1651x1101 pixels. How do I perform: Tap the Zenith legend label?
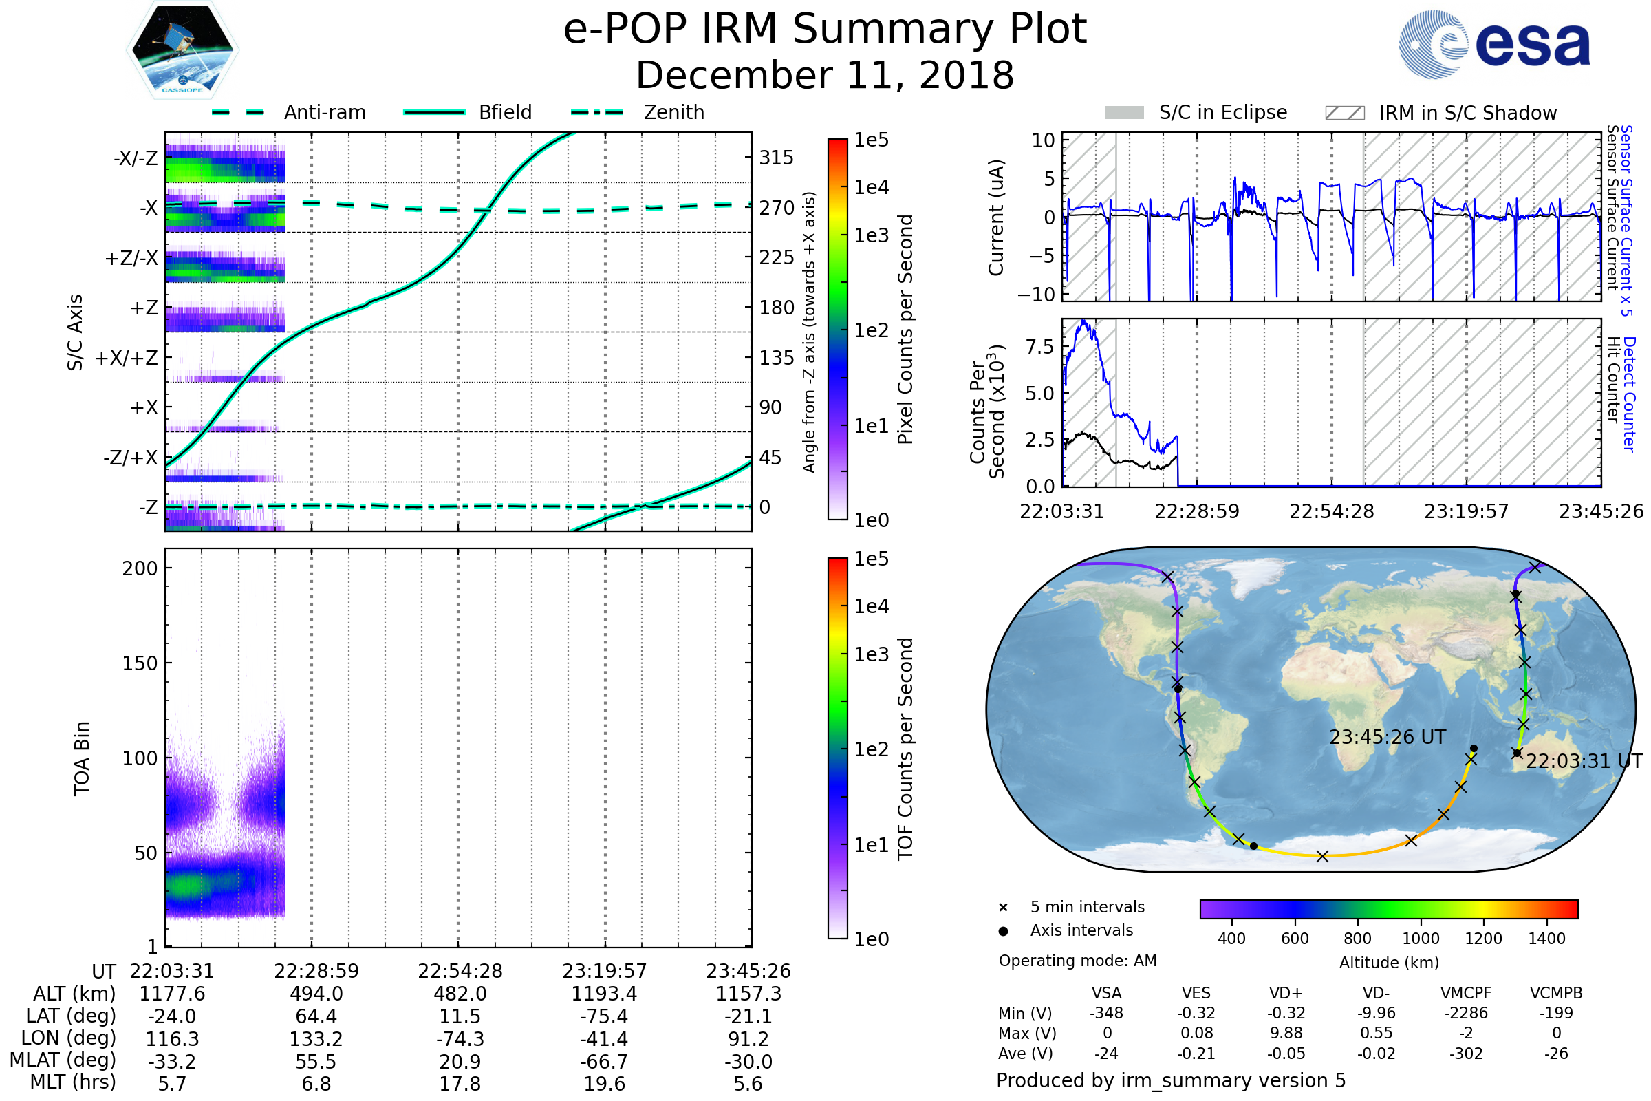pyautogui.click(x=674, y=112)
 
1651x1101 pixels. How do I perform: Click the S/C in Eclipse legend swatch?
pyautogui.click(x=1124, y=113)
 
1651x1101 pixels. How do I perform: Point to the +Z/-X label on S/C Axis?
pyautogui.click(x=131, y=259)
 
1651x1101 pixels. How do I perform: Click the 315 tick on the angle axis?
pyautogui.click(x=776, y=158)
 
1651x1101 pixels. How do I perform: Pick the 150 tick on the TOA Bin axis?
pyautogui.click(x=140, y=663)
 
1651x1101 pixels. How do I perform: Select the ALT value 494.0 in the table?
pyautogui.click(x=316, y=994)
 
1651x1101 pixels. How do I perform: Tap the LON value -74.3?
pyautogui.click(x=460, y=1039)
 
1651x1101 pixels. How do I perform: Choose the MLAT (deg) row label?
pyautogui.click(x=63, y=1061)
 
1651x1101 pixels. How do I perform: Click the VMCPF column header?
pyautogui.click(x=1466, y=994)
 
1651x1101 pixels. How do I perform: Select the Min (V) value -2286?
pyautogui.click(x=1466, y=1014)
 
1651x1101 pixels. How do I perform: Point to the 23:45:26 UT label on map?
pyautogui.click(x=1388, y=737)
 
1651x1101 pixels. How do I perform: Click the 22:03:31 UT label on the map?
pyautogui.click(x=1584, y=761)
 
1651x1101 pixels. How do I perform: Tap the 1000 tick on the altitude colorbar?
pyautogui.click(x=1420, y=939)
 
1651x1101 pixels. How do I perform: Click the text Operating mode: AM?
pyautogui.click(x=1077, y=961)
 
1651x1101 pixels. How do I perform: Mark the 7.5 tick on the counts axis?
pyautogui.click(x=1039, y=347)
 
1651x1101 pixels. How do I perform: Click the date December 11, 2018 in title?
pyautogui.click(x=825, y=76)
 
